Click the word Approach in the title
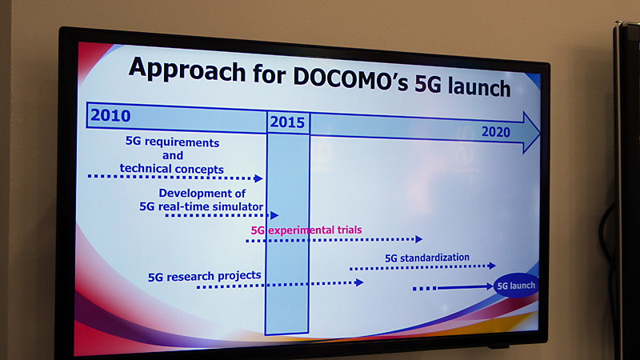(187, 70)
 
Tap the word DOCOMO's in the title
(350, 78)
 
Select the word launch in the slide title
(478, 86)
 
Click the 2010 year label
(110, 115)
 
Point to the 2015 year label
(287, 122)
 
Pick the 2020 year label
(495, 132)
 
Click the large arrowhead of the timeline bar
(531, 133)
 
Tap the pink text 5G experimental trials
(306, 230)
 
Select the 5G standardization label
(427, 258)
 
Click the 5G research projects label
(204, 276)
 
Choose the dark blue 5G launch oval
(516, 286)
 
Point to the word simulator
(238, 206)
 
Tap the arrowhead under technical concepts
(258, 178)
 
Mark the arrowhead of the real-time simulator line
(274, 215)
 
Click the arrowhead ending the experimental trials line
(418, 239)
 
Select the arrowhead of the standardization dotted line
(492, 266)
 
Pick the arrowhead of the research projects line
(359, 282)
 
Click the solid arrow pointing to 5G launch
(465, 287)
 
